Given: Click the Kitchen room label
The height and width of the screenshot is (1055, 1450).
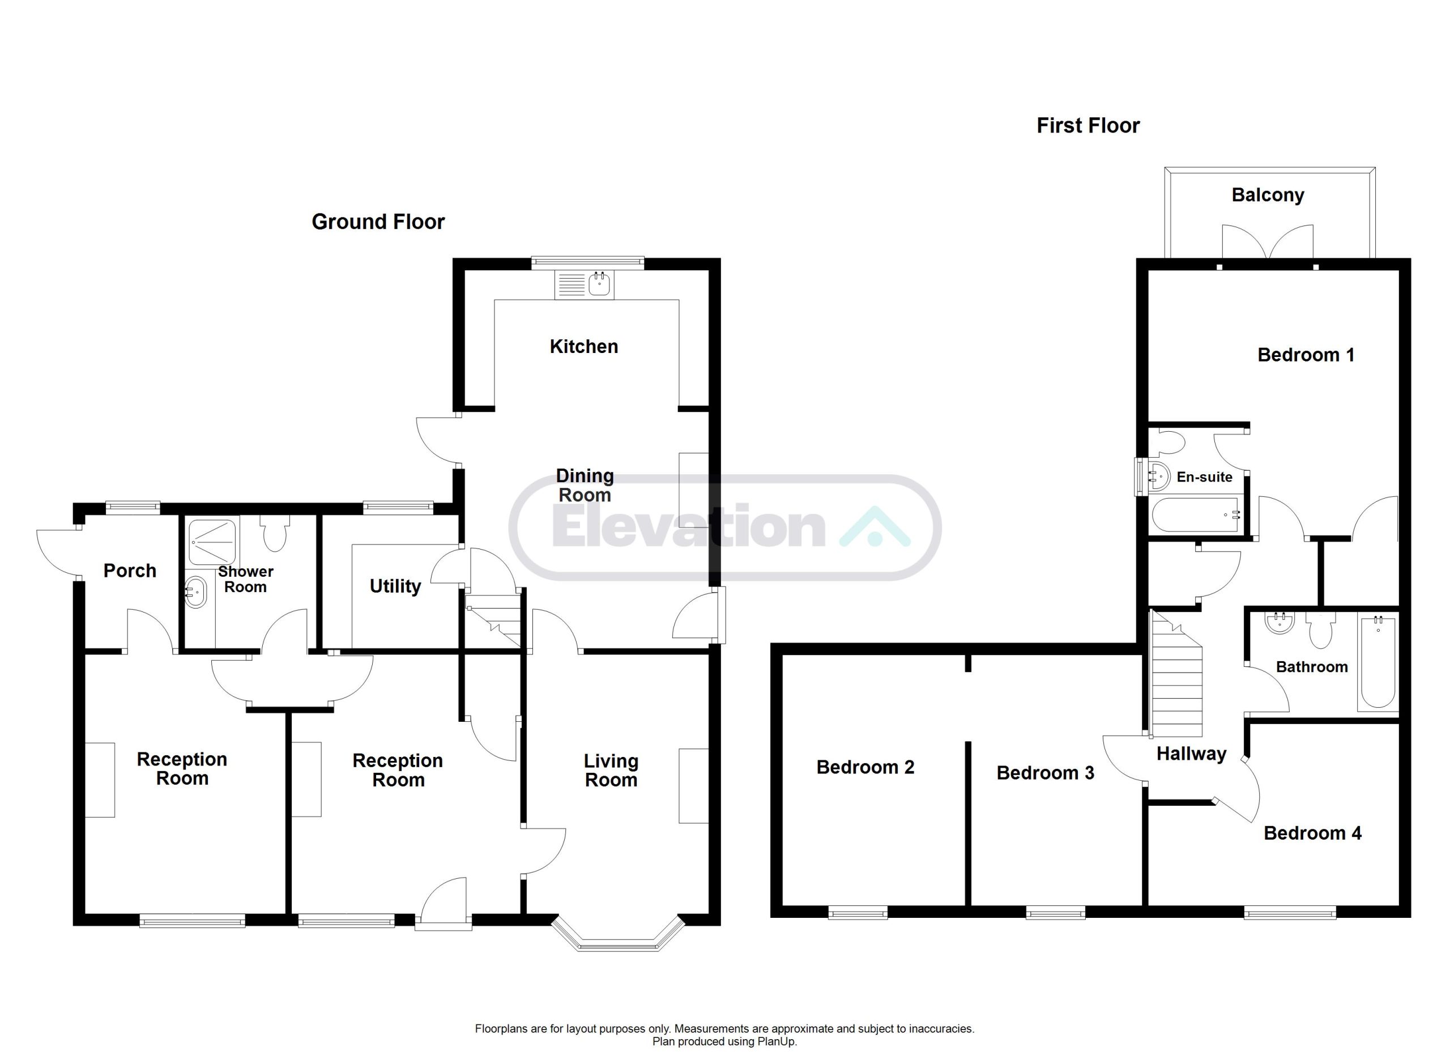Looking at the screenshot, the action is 584,347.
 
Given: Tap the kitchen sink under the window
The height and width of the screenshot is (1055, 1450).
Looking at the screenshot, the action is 584,284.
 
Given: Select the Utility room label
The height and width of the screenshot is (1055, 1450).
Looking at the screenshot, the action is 395,587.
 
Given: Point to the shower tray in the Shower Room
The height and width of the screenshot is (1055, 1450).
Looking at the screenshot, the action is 213,542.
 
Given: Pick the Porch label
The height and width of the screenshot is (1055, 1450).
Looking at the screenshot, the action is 130,571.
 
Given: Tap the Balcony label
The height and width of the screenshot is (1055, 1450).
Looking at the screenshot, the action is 1268,195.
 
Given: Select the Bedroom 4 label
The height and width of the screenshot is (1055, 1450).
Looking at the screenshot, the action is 1312,833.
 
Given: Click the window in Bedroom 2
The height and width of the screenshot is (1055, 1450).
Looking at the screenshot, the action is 858,912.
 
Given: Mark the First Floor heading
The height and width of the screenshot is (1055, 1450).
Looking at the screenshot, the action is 1088,125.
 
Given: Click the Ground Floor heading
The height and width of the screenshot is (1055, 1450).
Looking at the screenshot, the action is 378,222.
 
